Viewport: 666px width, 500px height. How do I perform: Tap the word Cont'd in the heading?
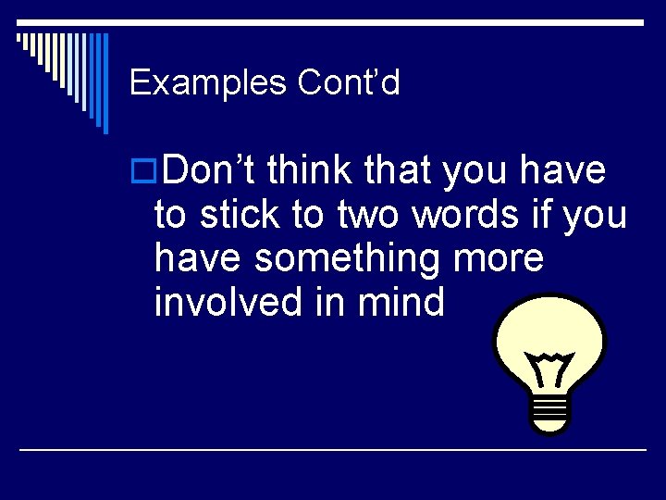click(349, 83)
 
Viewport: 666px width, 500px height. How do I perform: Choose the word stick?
click(240, 215)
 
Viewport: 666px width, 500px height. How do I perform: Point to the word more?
click(499, 258)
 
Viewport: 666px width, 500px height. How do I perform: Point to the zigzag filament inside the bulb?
click(552, 369)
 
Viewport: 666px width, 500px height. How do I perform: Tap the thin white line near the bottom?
click(333, 450)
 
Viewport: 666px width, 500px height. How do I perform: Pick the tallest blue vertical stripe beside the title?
click(105, 83)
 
